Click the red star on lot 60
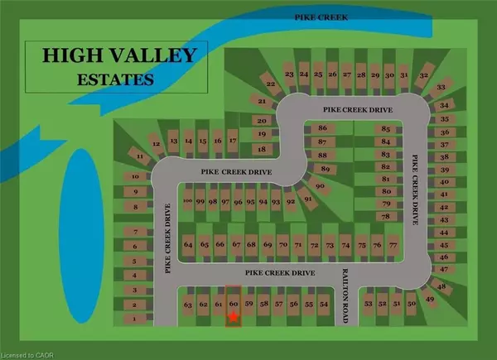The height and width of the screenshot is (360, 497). [x=234, y=317]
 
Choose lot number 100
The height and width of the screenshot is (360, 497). [x=188, y=201]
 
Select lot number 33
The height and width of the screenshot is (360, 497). [x=442, y=88]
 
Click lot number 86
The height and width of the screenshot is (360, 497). [x=323, y=128]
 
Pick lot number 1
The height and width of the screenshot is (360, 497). [x=133, y=318]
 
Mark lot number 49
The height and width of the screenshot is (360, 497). [x=429, y=298]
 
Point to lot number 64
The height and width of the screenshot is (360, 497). [x=189, y=245]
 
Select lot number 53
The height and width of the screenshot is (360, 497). [x=367, y=305]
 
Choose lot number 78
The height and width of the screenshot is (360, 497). [x=383, y=216]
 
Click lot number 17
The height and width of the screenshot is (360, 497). [x=233, y=142]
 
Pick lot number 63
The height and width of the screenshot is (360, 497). [x=188, y=305]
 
